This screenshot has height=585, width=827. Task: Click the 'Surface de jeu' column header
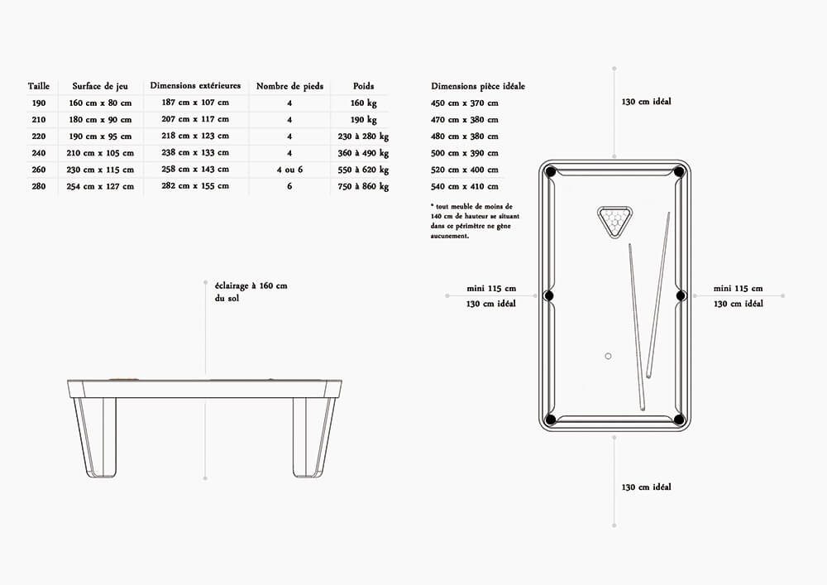click(100, 86)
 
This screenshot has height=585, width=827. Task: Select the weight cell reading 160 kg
click(363, 103)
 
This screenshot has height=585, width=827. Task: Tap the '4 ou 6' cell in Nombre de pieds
click(289, 170)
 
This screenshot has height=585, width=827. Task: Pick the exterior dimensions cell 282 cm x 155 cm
click(195, 185)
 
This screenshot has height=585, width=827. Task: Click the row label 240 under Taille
click(39, 153)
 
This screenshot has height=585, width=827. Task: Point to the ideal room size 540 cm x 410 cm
click(464, 186)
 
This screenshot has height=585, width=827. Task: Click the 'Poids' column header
click(363, 86)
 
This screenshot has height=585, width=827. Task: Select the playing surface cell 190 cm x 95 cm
click(100, 136)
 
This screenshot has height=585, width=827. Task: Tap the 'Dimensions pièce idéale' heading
click(478, 86)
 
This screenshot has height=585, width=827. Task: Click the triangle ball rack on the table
click(614, 221)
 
